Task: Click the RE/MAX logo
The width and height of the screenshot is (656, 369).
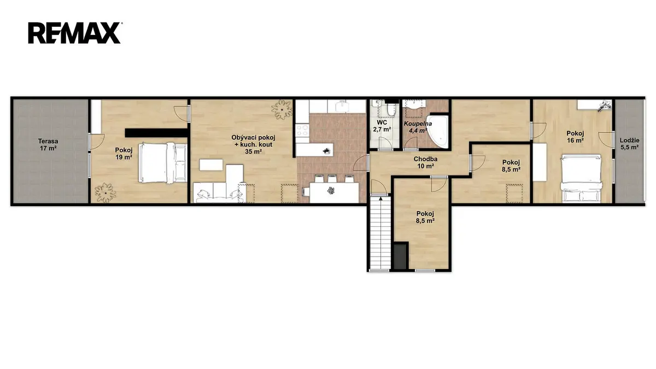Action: tap(74, 33)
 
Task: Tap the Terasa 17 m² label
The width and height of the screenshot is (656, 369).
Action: tap(48, 145)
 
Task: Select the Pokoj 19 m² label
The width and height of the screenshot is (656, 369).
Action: tap(124, 154)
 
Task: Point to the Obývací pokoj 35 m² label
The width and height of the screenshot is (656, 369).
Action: tap(253, 144)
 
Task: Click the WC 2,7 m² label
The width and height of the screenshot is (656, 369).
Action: tap(382, 126)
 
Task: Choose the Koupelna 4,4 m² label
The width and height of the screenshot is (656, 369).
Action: tap(418, 127)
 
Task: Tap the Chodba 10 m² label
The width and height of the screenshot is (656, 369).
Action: tap(425, 162)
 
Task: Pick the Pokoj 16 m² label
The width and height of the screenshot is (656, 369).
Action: tap(575, 137)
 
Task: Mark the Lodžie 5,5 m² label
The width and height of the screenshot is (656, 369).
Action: tap(629, 144)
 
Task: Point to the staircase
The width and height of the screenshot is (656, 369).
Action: tap(379, 233)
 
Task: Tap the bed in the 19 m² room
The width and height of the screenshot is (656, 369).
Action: tap(163, 163)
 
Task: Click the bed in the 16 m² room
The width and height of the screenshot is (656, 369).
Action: tap(581, 178)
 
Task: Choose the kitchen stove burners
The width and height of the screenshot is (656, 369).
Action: tap(302, 130)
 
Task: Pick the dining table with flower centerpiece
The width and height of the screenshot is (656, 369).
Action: tap(334, 192)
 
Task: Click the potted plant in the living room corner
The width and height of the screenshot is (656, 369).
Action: tap(282, 109)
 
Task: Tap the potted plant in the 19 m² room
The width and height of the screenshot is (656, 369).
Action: tap(105, 192)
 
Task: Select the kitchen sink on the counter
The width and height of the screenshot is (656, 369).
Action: tap(342, 106)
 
